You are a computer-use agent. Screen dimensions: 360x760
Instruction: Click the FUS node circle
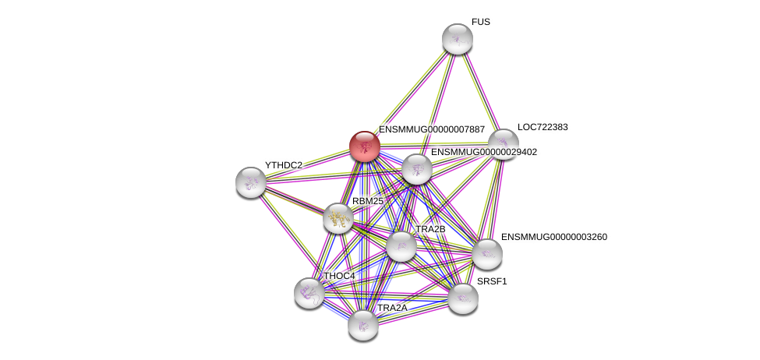click(457, 39)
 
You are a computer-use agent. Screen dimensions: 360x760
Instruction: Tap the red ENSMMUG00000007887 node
click(364, 146)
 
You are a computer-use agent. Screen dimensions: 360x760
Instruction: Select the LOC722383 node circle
click(503, 144)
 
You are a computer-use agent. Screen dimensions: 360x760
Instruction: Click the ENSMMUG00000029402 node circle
click(417, 169)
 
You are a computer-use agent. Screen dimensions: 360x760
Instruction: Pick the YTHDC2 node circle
click(251, 182)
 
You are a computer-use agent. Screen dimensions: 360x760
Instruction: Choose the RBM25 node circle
click(338, 218)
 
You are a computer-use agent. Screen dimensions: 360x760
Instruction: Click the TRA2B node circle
click(401, 246)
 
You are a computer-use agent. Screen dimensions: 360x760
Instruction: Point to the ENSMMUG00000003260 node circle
click(486, 253)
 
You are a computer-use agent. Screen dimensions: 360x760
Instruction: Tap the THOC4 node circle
click(309, 292)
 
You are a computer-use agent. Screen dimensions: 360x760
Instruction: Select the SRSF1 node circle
click(462, 298)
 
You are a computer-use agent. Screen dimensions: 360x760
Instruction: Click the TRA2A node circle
click(363, 324)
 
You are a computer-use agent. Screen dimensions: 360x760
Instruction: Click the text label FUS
click(480, 23)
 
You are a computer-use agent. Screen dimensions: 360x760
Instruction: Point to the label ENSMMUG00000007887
click(432, 129)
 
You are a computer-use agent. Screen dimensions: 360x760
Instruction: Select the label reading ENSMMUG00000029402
click(483, 152)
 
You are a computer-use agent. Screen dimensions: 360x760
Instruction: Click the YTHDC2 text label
click(284, 165)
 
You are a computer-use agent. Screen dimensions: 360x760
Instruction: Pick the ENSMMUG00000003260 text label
click(553, 236)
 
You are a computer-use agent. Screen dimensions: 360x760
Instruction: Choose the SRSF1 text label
click(492, 281)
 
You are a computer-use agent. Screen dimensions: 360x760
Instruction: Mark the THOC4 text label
click(339, 276)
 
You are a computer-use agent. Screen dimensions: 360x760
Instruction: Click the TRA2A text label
click(392, 308)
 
